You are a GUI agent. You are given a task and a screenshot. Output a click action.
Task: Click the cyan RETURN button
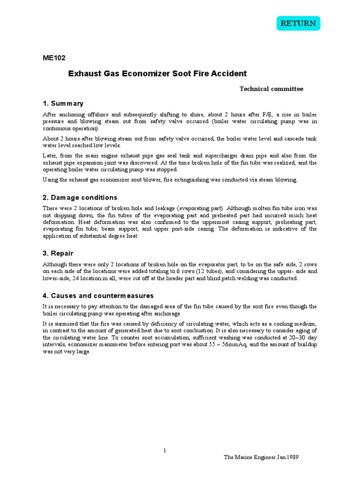(x=298, y=23)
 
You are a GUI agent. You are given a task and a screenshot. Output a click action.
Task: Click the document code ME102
(x=54, y=58)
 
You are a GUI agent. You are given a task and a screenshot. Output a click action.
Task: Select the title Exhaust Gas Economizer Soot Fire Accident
(x=157, y=74)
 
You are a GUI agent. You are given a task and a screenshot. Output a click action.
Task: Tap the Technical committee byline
(x=271, y=89)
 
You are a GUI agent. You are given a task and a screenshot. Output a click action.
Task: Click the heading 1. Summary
(x=63, y=103)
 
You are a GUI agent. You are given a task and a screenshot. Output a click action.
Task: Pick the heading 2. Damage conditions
(x=80, y=197)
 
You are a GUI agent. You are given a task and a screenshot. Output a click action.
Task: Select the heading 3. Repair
(x=59, y=253)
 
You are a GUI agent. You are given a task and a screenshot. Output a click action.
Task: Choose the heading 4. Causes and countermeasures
(x=98, y=296)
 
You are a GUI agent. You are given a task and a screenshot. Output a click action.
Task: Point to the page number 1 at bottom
(x=165, y=451)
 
